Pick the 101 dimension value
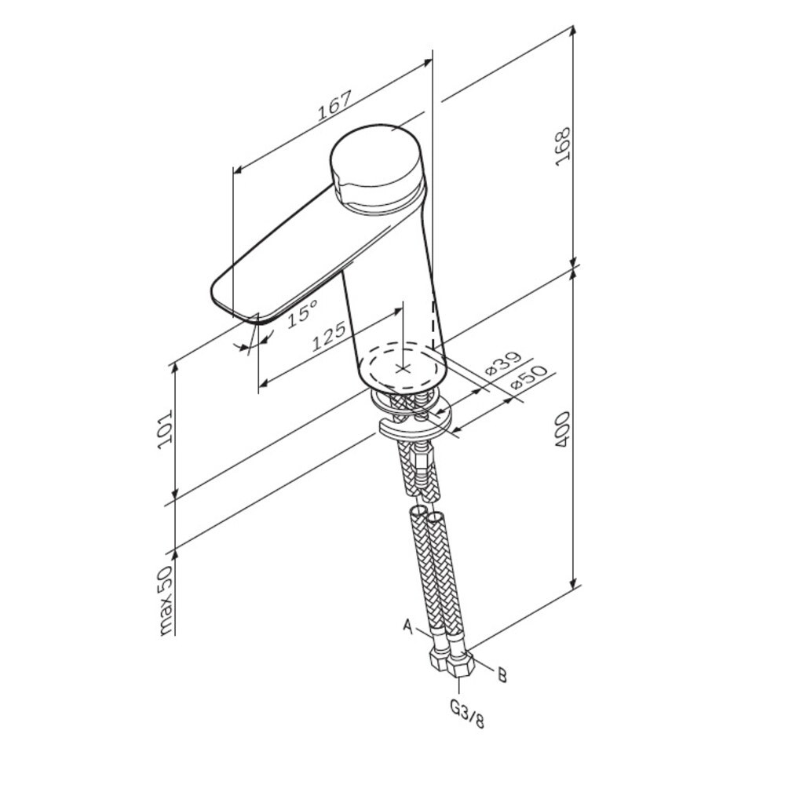165,429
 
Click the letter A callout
407,626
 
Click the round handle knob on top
375,162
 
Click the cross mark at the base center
403,367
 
